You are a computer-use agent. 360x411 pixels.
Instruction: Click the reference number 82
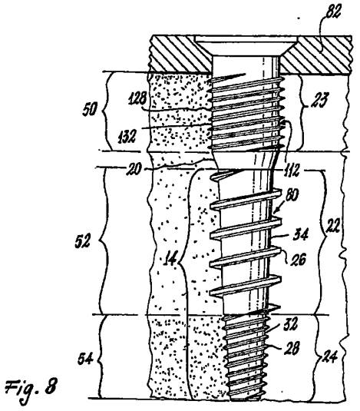tap(332, 12)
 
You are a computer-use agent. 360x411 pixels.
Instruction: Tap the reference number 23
tap(319, 100)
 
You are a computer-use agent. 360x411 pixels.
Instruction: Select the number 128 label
tap(137, 99)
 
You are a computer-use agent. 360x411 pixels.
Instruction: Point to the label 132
tap(127, 137)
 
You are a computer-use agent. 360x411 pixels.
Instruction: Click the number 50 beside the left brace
tap(90, 109)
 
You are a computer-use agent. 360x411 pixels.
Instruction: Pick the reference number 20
tap(134, 169)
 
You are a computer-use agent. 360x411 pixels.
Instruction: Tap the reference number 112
tap(291, 171)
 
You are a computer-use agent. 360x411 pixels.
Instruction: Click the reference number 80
tap(291, 195)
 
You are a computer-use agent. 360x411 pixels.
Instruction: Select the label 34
tap(301, 234)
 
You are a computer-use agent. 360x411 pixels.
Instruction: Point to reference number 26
tap(298, 260)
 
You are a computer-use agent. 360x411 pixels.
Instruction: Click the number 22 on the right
tap(332, 227)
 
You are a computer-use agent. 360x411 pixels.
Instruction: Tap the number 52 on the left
tap(83, 240)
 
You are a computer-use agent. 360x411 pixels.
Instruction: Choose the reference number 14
tap(170, 259)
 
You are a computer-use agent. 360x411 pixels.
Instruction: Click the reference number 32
tap(290, 325)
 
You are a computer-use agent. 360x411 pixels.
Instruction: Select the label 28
tap(291, 349)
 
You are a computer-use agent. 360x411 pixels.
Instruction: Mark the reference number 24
tap(329, 356)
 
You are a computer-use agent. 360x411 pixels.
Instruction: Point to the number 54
tap(85, 359)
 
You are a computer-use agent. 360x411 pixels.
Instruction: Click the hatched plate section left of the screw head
tap(180, 54)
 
